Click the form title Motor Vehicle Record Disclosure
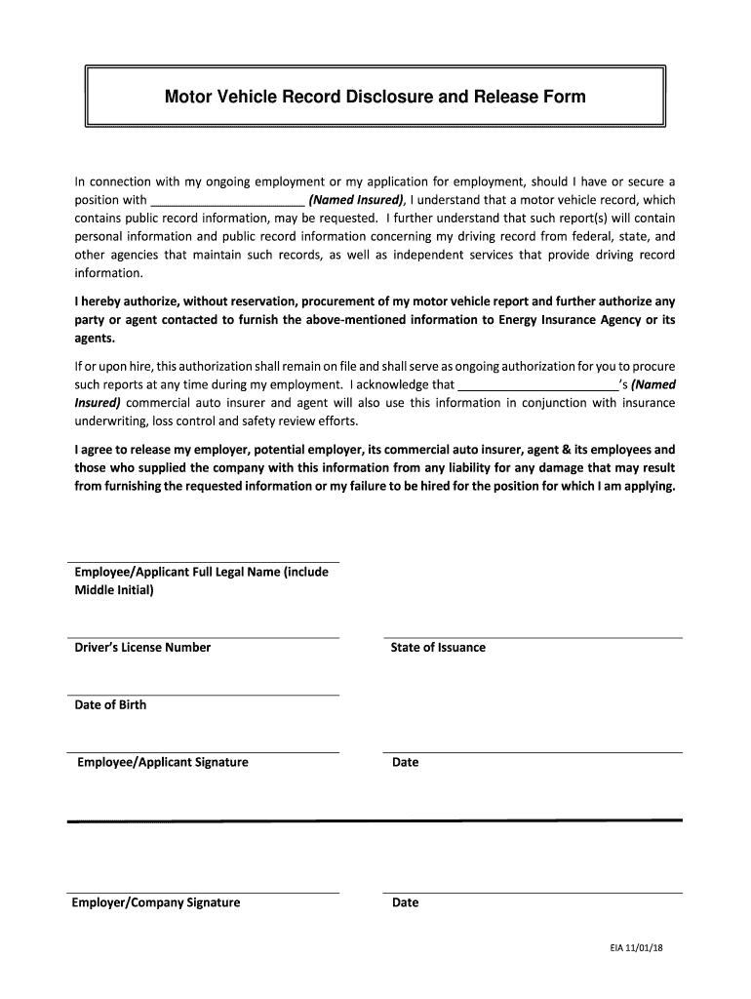375,97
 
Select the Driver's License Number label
142,648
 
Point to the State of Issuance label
438,648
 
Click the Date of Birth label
110,704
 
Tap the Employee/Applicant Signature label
163,762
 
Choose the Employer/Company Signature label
156,902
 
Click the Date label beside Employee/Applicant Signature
405,762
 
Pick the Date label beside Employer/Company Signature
405,902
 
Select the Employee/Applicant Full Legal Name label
201,573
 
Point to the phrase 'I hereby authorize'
124,301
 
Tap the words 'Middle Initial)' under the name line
114,590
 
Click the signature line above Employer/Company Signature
203,892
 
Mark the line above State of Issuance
533,638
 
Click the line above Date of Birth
203,695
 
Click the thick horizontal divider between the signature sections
375,821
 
